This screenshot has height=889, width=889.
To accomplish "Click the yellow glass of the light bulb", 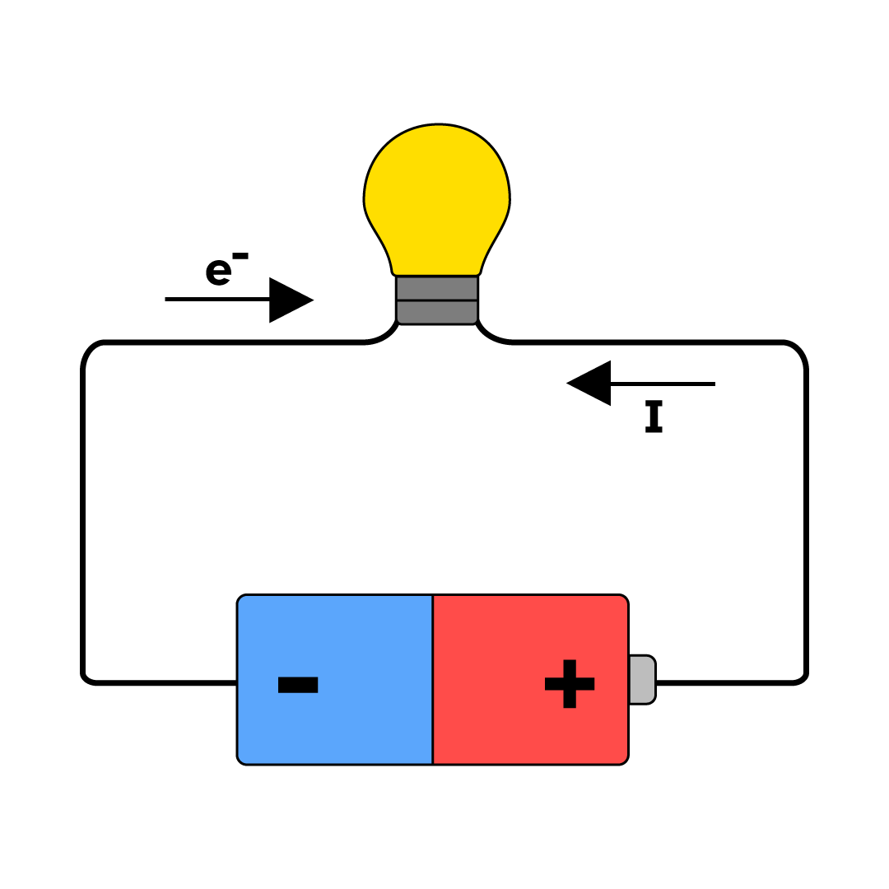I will pyautogui.click(x=437, y=198).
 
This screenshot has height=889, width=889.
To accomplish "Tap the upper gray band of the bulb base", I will pyautogui.click(x=437, y=288).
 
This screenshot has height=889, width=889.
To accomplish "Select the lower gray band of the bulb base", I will pyautogui.click(x=437, y=312).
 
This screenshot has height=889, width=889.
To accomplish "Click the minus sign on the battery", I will pyautogui.click(x=298, y=685).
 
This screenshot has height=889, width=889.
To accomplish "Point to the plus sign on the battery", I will pyautogui.click(x=570, y=683).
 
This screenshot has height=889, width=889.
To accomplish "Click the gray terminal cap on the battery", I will pyautogui.click(x=642, y=680).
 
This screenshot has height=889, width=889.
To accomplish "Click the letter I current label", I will pyautogui.click(x=654, y=417).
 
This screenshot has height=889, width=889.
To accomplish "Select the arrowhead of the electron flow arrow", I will pyautogui.click(x=288, y=300).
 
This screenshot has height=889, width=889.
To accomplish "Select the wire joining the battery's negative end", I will pyautogui.click(x=165, y=682).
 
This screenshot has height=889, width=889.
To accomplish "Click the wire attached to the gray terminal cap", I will pyautogui.click(x=724, y=682).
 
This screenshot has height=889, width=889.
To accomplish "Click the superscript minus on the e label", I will pyautogui.click(x=240, y=256).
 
